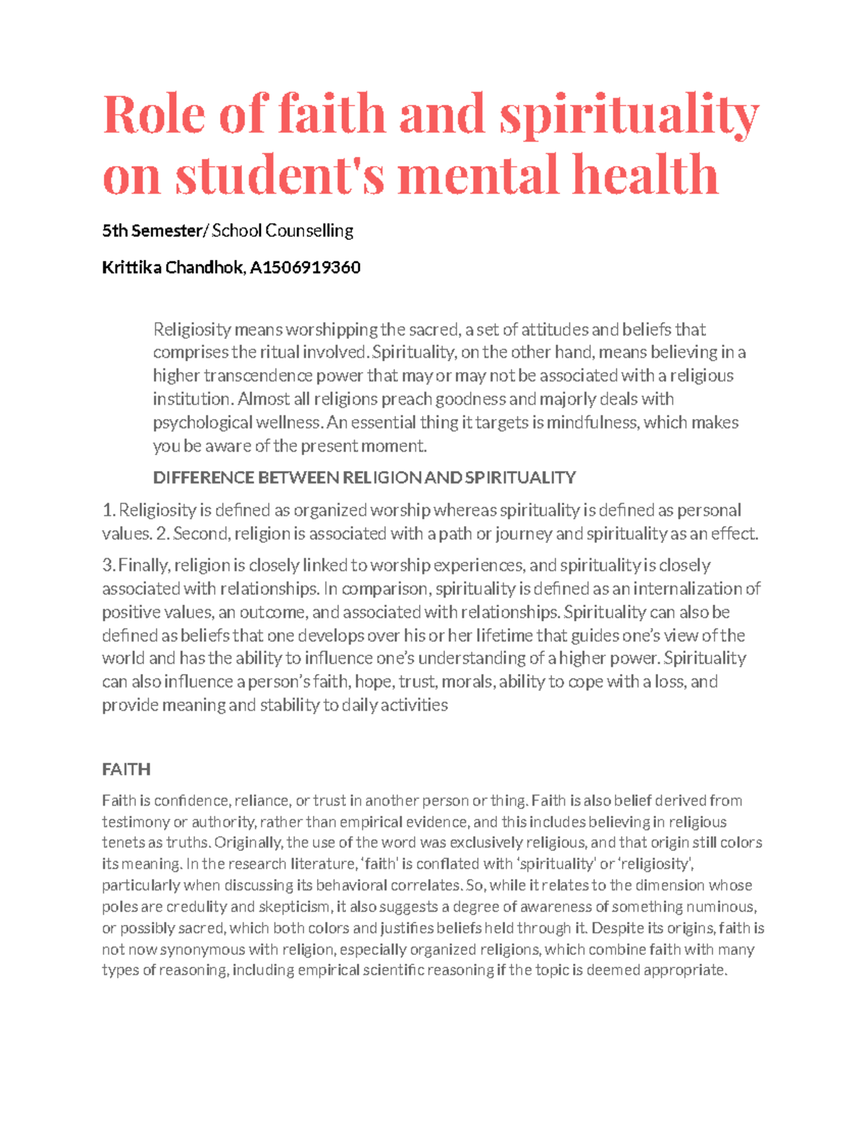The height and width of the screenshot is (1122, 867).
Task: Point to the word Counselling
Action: click(309, 230)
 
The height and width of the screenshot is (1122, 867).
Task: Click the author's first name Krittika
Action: click(132, 267)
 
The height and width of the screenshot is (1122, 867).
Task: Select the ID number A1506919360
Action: click(305, 267)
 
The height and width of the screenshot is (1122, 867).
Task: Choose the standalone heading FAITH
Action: click(126, 769)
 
